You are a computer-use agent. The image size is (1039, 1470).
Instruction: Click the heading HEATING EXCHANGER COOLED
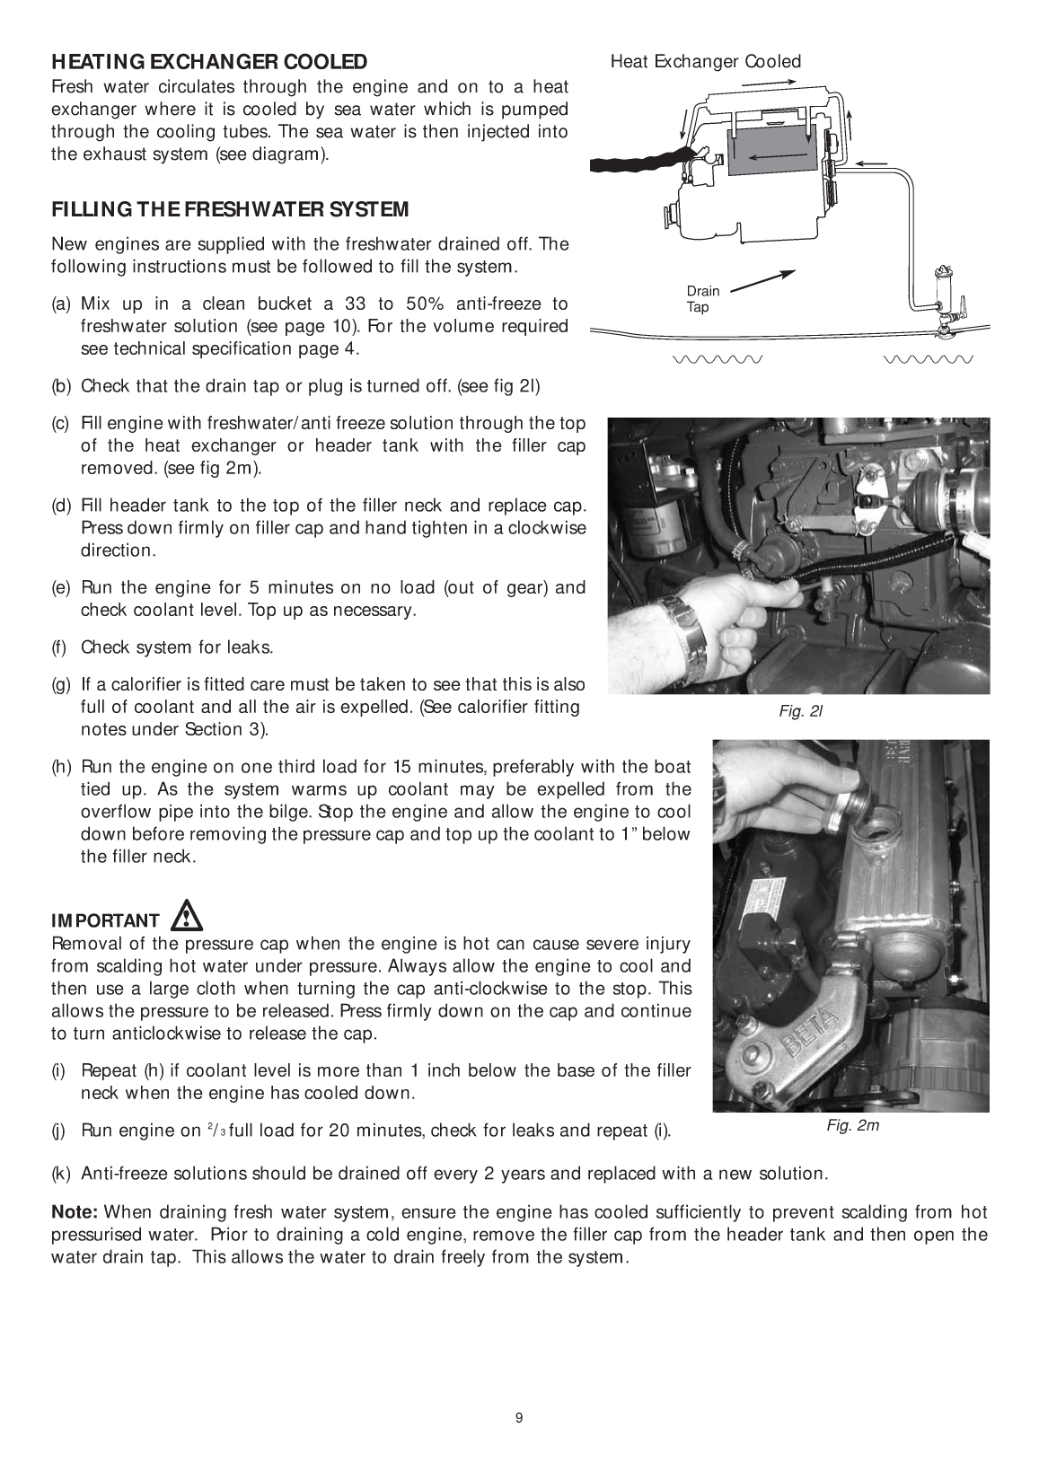coord(209,62)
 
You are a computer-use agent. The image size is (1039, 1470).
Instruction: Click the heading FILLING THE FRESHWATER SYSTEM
coord(230,210)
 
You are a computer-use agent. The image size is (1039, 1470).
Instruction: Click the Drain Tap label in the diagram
coord(702,299)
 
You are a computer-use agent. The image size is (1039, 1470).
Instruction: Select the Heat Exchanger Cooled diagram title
coord(705,61)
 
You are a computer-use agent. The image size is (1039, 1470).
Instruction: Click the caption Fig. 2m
coord(852,1125)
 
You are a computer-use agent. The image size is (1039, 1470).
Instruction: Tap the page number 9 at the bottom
coord(519,1418)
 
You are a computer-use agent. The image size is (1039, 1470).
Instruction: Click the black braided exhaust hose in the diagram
coord(634,159)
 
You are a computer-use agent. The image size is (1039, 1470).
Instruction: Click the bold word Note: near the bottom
coord(74,1212)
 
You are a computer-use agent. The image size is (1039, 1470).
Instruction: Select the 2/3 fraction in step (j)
coord(216,1129)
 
